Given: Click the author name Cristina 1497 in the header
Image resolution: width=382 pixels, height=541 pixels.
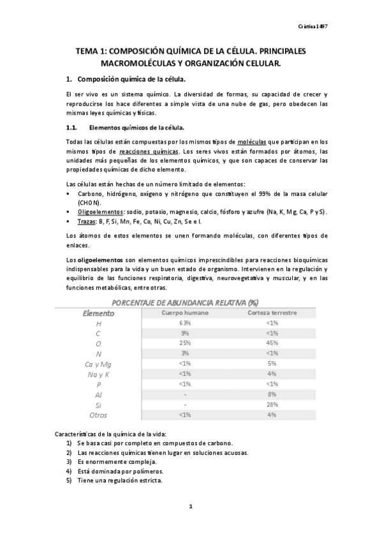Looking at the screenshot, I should pos(312,27).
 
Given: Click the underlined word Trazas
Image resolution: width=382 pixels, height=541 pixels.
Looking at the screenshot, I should pos(87,221).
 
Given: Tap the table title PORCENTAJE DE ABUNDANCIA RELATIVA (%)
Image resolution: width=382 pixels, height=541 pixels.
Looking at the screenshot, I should pos(185,302).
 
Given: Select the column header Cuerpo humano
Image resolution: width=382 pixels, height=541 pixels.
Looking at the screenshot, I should pos(184,313).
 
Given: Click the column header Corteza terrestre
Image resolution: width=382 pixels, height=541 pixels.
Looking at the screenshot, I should pos(272,313).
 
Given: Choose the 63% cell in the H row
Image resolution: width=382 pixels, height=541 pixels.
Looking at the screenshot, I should pos(184,323).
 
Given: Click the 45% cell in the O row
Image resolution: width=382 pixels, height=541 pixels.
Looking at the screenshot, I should pos(272,343).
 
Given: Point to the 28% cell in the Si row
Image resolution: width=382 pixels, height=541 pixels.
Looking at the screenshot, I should pos(272,404).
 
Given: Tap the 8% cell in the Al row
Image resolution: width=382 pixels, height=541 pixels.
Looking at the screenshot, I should pos(272,394).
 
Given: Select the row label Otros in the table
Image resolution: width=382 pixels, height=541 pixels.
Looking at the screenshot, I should pos(99,415).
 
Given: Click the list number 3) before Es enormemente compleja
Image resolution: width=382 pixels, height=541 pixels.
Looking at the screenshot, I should pos(69,461).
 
